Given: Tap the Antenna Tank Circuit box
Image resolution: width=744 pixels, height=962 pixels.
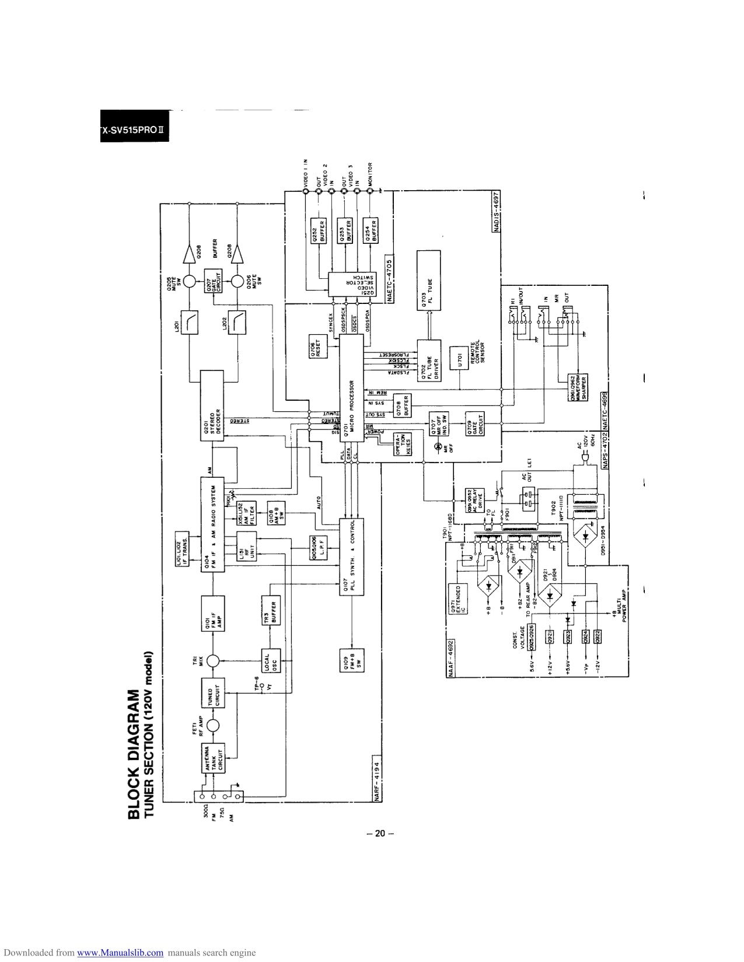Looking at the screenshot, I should [x=212, y=763].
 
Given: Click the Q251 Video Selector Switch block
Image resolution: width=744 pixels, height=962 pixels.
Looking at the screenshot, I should [x=352, y=284].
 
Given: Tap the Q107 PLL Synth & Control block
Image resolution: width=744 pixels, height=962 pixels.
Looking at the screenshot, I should [x=351, y=557].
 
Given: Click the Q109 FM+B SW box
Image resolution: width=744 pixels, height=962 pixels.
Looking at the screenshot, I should [x=351, y=660].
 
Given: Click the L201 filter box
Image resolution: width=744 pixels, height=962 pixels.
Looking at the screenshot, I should [x=188, y=323].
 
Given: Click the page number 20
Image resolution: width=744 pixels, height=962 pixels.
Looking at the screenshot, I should [x=380, y=834].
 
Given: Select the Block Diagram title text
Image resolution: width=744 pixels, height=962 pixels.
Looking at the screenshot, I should [x=134, y=753].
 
